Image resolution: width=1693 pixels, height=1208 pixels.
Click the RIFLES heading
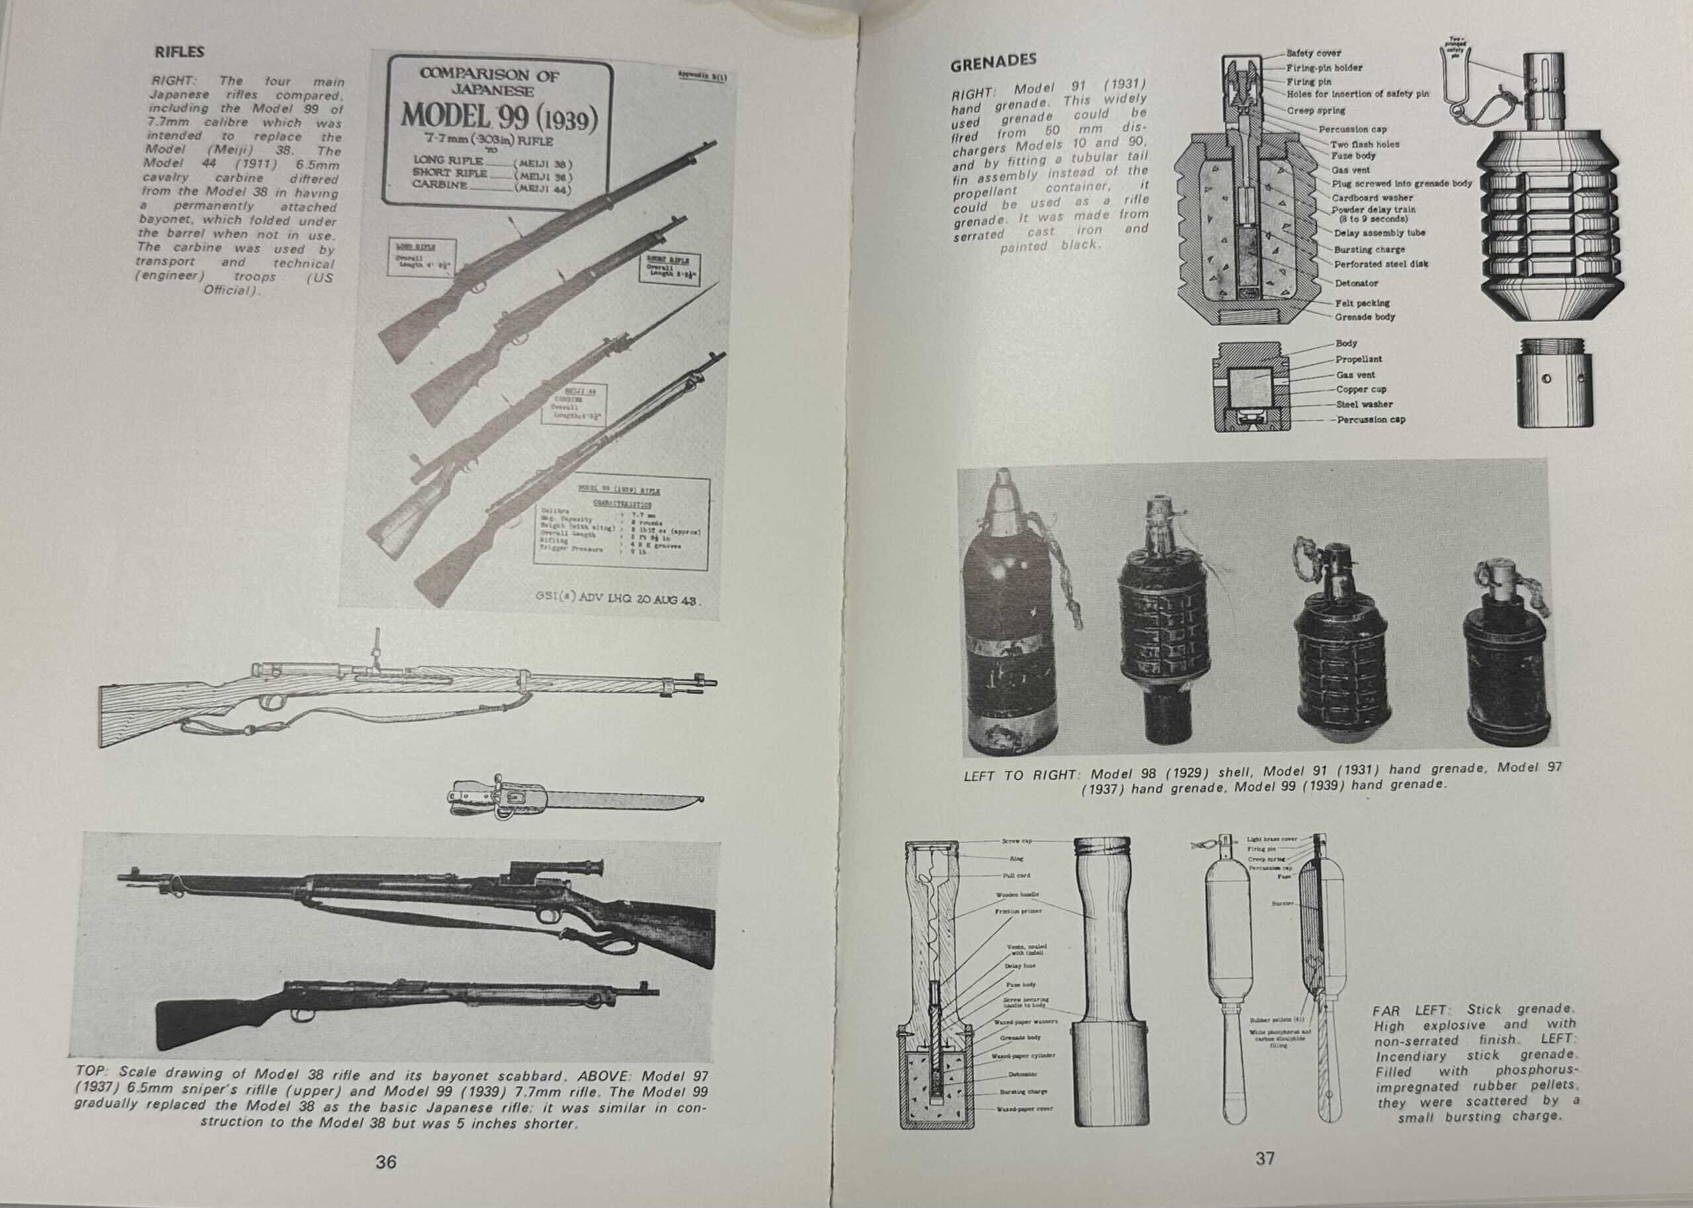179,52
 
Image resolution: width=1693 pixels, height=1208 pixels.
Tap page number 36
386,1161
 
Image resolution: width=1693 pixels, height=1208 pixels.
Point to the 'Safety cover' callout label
1313,54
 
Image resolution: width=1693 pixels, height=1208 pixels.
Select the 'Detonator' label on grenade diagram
1355,284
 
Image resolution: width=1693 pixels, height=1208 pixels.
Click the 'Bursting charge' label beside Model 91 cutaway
1369,250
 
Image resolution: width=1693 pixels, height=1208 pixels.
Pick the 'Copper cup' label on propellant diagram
1360,389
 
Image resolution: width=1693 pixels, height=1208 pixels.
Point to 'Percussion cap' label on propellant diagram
1371,419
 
